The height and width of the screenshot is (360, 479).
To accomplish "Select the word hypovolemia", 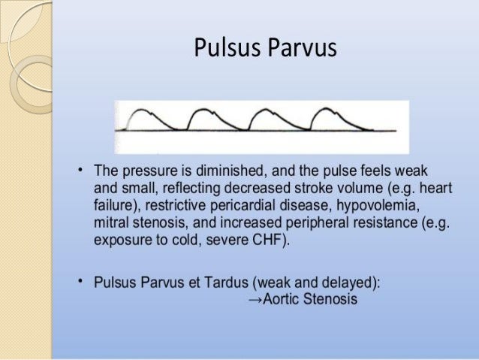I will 386,204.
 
